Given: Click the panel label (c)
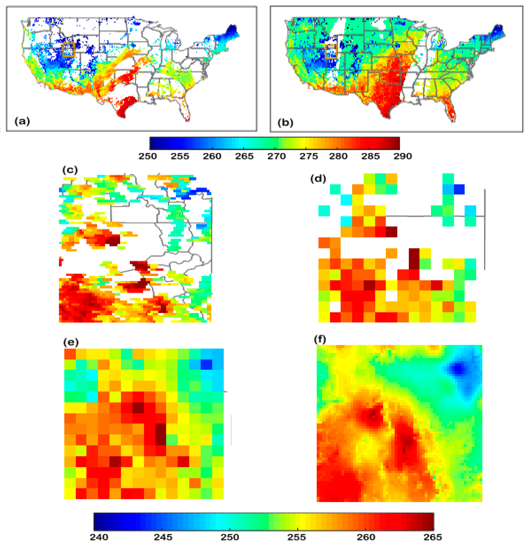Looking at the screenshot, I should click(x=70, y=170).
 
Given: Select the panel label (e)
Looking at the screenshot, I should click(x=71, y=342).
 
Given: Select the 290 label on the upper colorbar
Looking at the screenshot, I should click(x=403, y=156).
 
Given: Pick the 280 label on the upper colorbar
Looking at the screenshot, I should click(x=338, y=156).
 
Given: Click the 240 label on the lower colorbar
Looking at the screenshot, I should click(x=99, y=537).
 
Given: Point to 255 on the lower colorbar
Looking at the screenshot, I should click(x=296, y=537).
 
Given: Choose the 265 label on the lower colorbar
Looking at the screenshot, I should click(x=433, y=537).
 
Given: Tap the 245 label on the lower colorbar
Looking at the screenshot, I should click(x=163, y=537).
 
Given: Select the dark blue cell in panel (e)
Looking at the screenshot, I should click(x=206, y=364).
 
